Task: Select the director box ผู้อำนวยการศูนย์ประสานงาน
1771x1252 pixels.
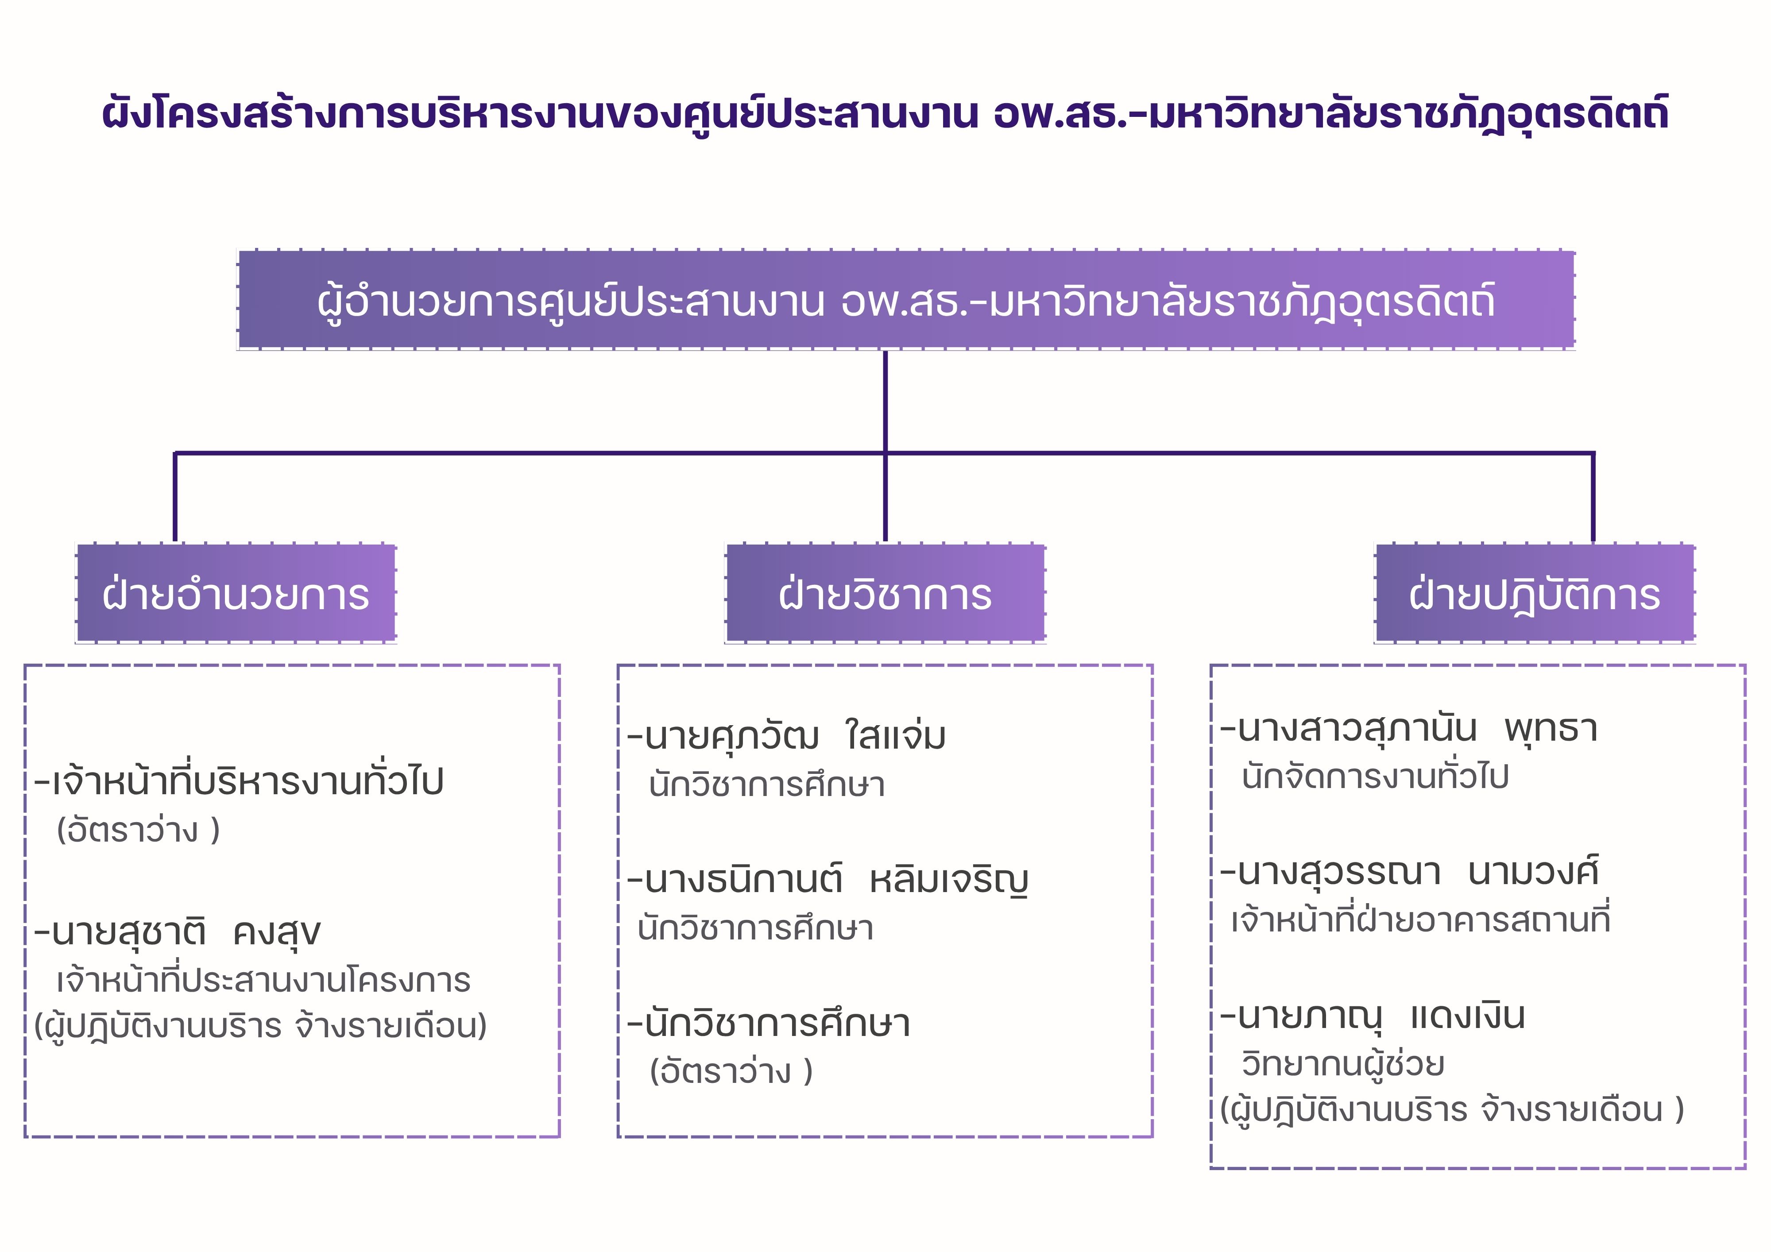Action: (905, 300)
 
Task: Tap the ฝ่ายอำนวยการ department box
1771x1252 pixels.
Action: (236, 594)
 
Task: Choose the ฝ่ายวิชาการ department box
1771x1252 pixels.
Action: (885, 594)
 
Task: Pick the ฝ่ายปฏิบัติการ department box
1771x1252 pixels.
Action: (1534, 594)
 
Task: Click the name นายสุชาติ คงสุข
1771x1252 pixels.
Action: (179, 932)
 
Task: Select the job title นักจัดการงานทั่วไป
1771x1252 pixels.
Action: (1375, 777)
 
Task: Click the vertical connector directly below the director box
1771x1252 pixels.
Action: (885, 401)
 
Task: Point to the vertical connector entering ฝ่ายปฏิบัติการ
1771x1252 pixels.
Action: (1593, 498)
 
